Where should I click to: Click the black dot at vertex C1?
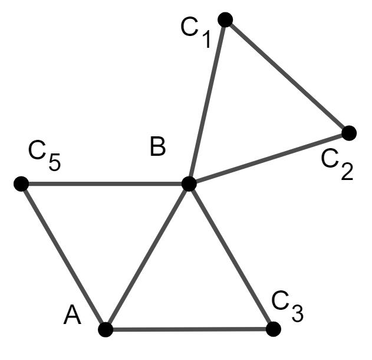(225, 19)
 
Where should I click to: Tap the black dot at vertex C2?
(349, 133)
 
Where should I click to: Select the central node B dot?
(189, 184)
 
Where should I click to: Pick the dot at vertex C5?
(21, 184)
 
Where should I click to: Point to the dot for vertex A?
(106, 329)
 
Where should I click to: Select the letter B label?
(157, 146)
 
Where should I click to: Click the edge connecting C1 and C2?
(287, 76)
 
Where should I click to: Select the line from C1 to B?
(207, 102)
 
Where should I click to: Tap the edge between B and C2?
(269, 158)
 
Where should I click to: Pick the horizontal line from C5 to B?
(105, 184)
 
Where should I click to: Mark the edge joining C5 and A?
(63, 256)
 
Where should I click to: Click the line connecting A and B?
(147, 256)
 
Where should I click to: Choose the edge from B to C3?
(230, 256)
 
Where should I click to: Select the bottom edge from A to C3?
(189, 329)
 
